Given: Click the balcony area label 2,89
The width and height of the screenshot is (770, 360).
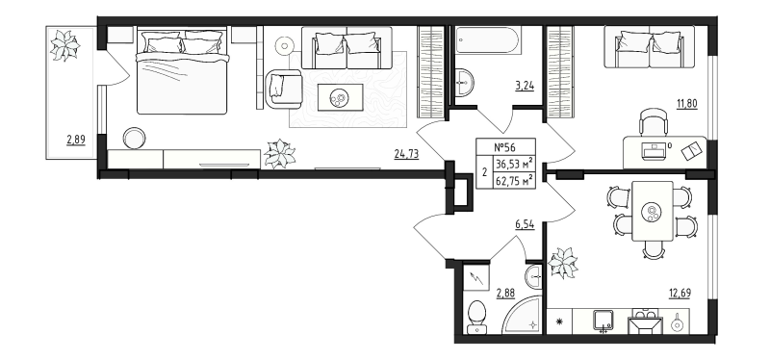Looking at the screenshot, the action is (76, 140).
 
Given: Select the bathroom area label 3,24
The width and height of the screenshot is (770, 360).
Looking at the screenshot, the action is (525, 86).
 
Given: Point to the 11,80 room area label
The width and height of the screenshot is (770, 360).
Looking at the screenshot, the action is (687, 104).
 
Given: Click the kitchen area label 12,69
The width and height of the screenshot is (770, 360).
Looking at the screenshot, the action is (679, 294).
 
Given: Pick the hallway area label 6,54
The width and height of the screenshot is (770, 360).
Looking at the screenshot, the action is (525, 225).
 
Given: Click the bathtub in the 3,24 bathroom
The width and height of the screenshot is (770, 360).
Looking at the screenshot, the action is (487, 40).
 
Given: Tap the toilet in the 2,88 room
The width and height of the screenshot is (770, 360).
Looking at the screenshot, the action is (476, 317).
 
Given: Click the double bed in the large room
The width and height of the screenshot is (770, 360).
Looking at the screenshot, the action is (182, 71).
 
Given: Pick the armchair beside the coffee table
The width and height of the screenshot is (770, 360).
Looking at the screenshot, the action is (284, 89).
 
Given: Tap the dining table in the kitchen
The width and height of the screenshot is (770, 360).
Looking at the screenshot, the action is (653, 211).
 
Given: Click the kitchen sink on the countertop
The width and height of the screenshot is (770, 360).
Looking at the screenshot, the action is (603, 321).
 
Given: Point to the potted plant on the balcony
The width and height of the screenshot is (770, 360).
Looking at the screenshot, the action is (64, 45).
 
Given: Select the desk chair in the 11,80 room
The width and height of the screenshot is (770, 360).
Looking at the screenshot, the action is (654, 121).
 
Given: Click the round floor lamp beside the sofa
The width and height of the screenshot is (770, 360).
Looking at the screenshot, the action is (284, 46).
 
